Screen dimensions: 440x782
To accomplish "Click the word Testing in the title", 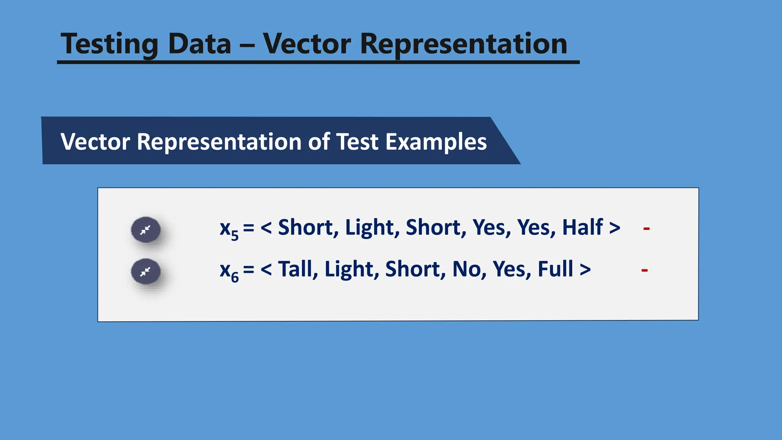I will [x=109, y=44].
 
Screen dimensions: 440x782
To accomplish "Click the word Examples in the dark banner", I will [x=436, y=142].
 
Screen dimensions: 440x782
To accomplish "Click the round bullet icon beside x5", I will [x=145, y=230].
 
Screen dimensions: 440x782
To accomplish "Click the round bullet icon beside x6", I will [x=145, y=272].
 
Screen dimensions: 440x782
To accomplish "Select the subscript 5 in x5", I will [x=235, y=235].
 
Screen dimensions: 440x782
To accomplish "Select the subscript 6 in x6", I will [x=235, y=277].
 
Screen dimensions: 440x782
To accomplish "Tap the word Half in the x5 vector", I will [x=582, y=227].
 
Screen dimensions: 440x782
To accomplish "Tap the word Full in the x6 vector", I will [x=555, y=269].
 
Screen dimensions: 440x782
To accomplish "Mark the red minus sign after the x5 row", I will [x=646, y=229].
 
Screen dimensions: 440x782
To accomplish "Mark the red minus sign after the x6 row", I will [x=645, y=270].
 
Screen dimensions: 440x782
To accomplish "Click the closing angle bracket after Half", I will [x=614, y=228].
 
